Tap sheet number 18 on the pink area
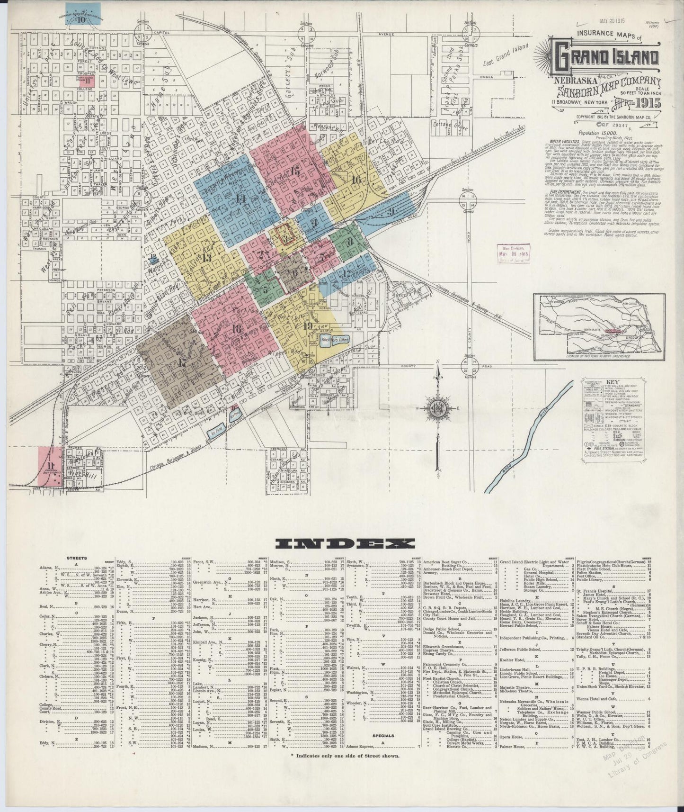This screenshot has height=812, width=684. (237, 329)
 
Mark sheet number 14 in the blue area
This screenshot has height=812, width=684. (241, 199)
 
